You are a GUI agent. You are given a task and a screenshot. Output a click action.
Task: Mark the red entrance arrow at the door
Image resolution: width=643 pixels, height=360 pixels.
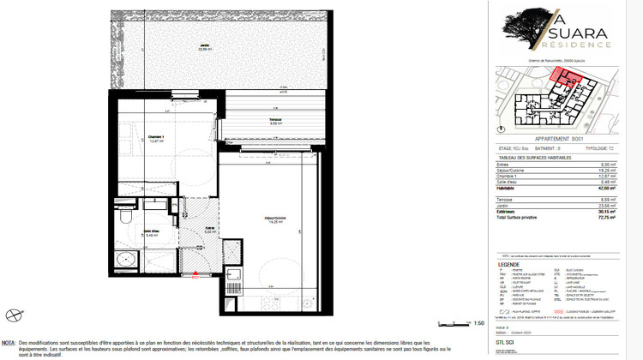pyautogui.click(x=195, y=275)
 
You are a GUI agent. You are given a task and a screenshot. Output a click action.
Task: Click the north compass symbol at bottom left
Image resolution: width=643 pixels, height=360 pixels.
pyautogui.click(x=13, y=315)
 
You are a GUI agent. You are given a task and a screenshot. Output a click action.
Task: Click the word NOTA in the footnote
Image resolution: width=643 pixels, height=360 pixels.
pyautogui.click(x=9, y=341)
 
